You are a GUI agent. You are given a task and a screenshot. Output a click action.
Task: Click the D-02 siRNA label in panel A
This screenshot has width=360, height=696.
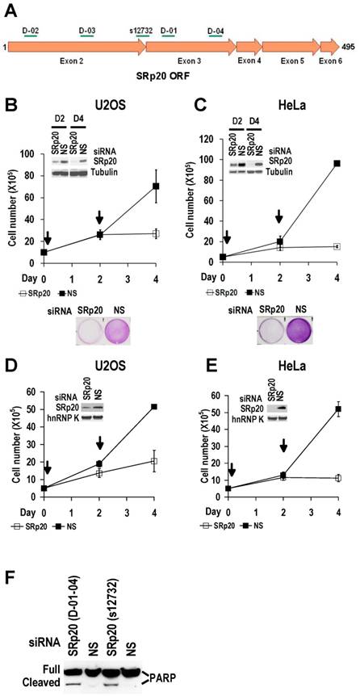31,30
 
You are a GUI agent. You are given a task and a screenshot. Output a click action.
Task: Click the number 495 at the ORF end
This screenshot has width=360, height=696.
350,48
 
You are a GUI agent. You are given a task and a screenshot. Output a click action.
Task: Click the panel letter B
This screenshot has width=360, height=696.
11,104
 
